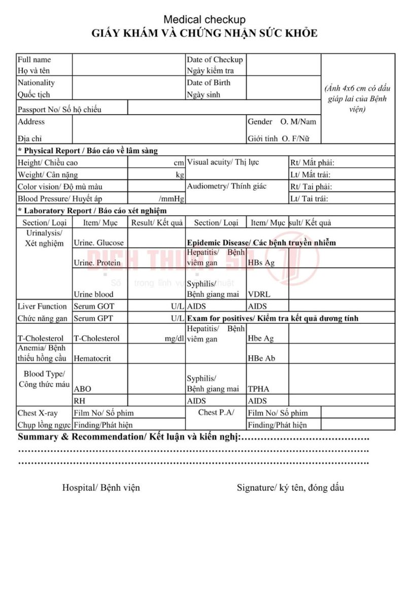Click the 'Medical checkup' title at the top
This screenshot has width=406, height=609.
coord(204,20)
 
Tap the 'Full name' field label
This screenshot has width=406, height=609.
coord(34,59)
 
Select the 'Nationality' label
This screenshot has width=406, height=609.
coord(36,83)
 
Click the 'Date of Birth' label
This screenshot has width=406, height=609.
coord(208,83)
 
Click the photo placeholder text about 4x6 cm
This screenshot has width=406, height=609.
coord(358,98)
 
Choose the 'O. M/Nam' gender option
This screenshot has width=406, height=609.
coord(298,122)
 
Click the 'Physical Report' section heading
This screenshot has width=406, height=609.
coord(87,151)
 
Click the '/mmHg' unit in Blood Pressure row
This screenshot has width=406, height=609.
coord(172,198)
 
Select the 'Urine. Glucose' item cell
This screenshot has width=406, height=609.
coord(98,243)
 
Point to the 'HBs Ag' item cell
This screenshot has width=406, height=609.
coord(261,262)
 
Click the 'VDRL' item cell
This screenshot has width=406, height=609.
coord(259,294)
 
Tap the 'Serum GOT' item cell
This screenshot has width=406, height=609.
coord(94,307)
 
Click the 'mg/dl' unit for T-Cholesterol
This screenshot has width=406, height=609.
coord(174,339)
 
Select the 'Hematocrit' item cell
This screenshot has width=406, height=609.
coord(92,358)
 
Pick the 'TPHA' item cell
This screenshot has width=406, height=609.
coord(259,389)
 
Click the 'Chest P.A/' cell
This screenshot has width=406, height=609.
coord(216,413)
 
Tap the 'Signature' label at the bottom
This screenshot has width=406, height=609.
coord(290,488)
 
